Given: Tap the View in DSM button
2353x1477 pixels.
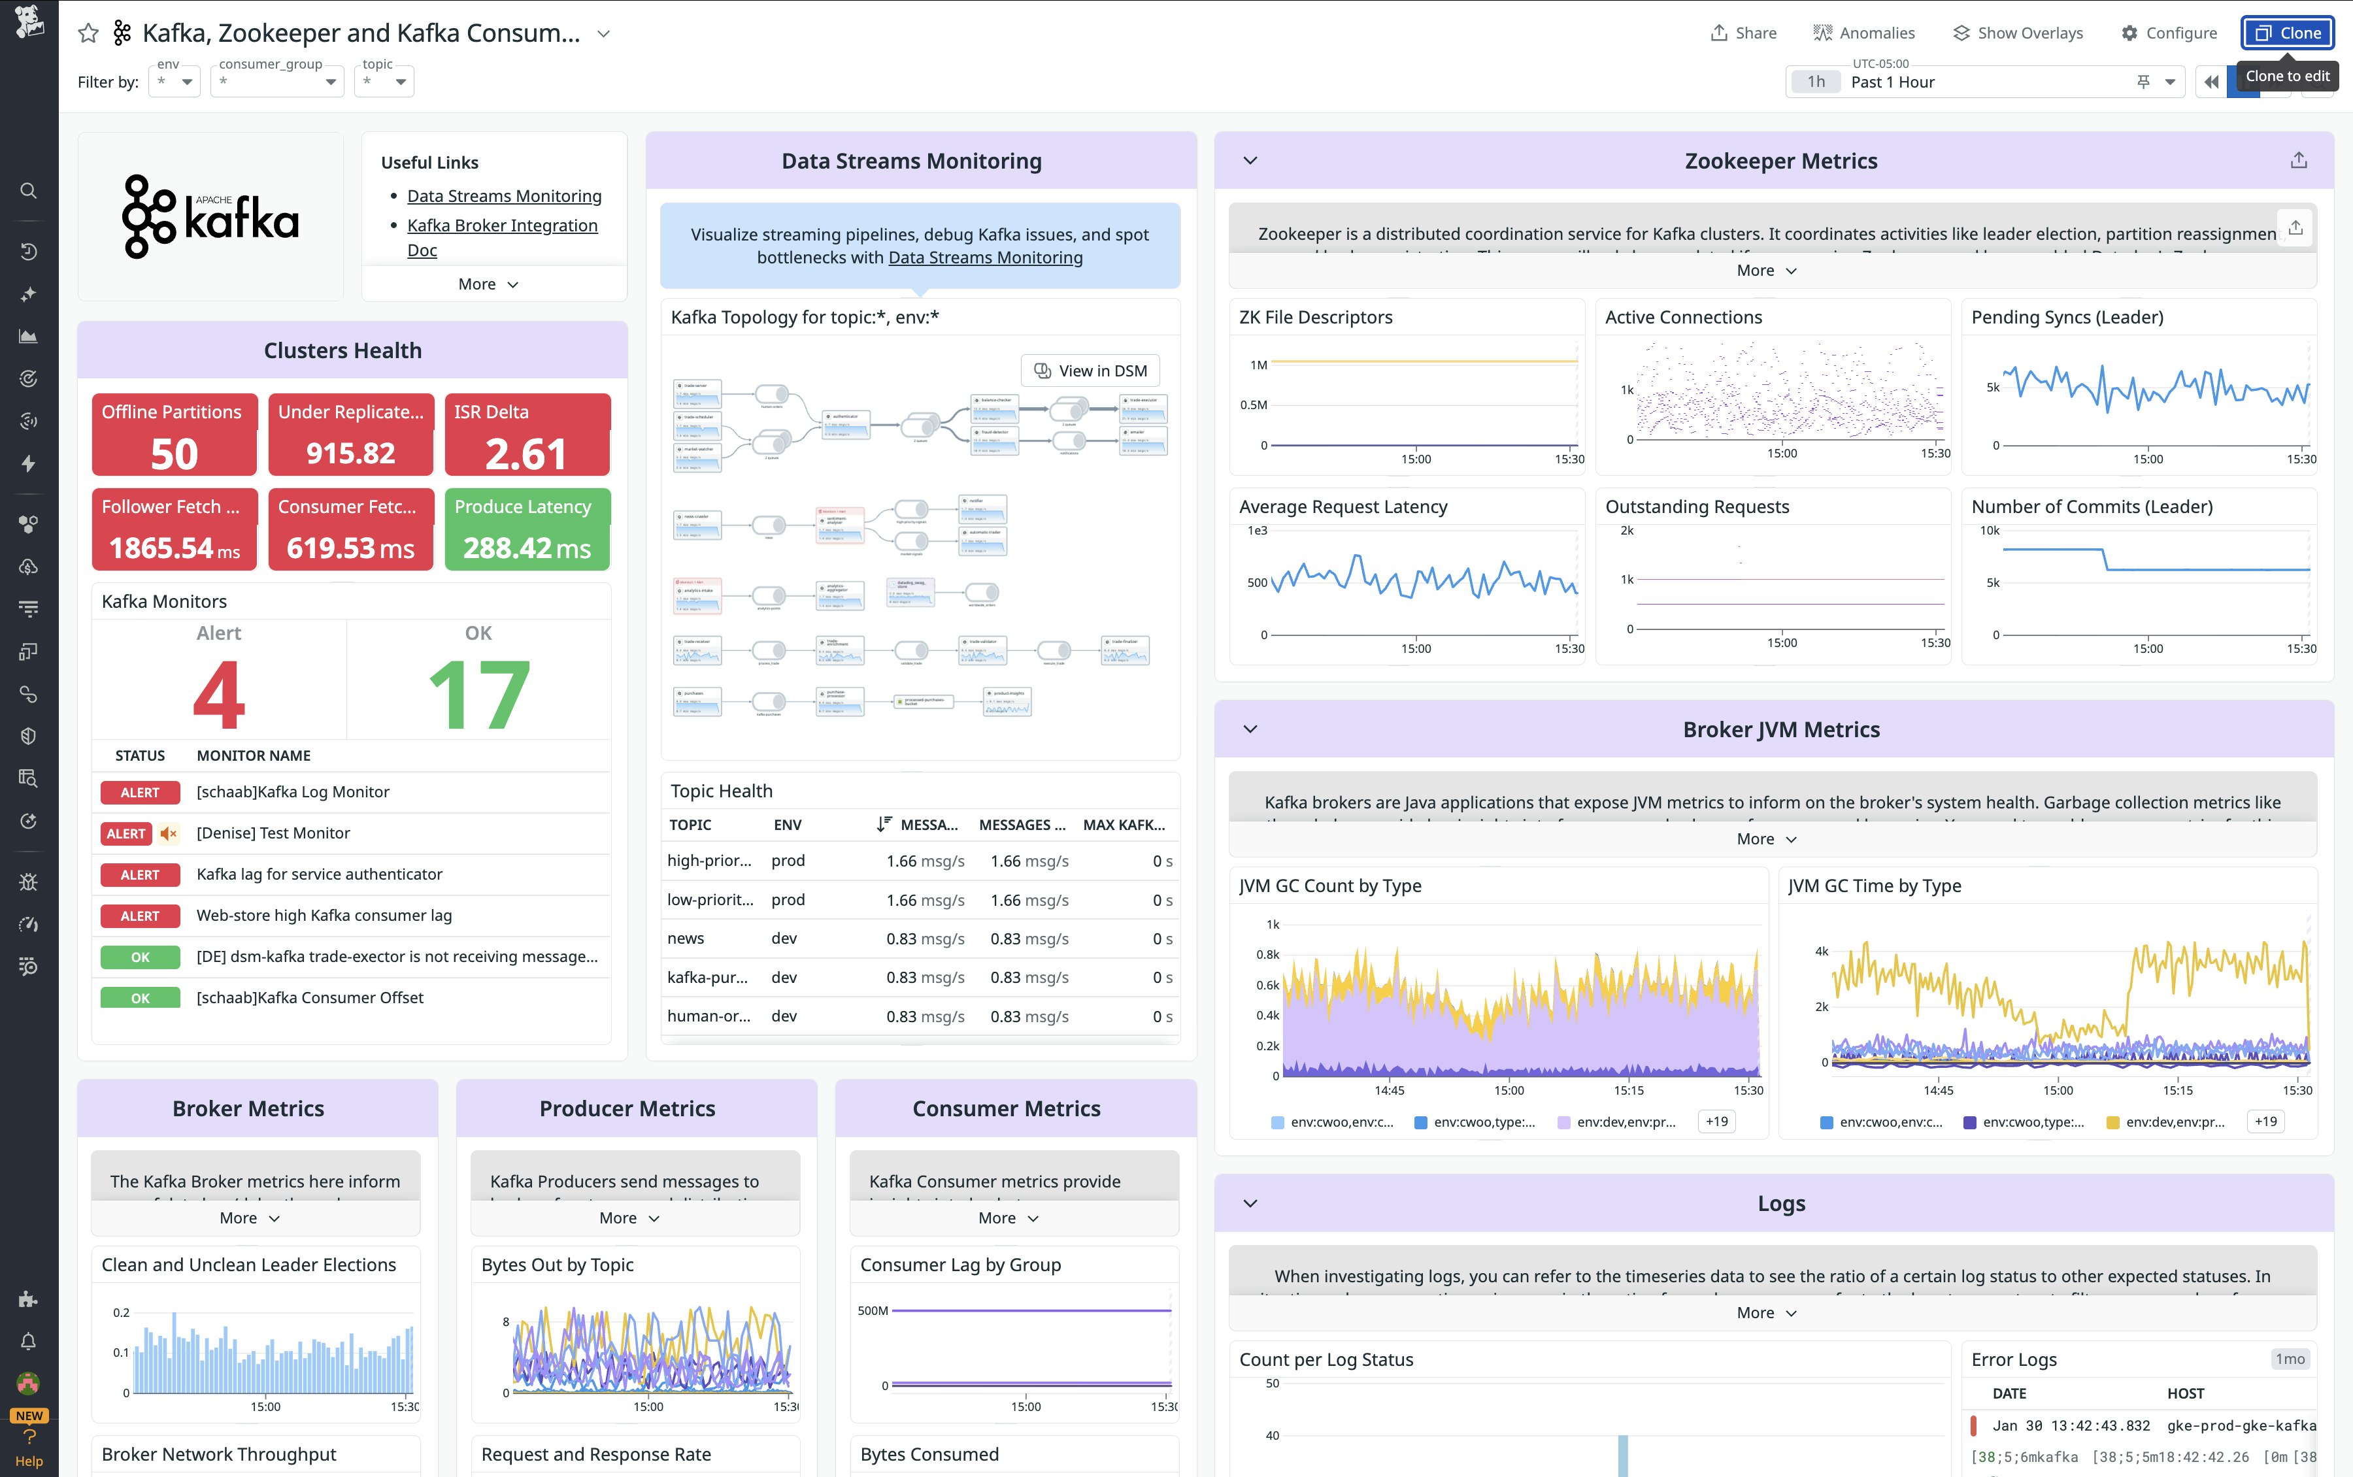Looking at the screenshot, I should [1090, 371].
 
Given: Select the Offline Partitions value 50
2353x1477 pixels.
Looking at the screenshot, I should [174, 454].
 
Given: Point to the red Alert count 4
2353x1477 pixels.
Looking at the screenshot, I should [219, 695].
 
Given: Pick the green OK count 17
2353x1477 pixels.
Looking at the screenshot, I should [478, 695].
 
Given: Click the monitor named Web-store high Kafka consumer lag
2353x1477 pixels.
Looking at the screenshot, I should [324, 916].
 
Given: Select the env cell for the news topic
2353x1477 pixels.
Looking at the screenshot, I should [784, 938].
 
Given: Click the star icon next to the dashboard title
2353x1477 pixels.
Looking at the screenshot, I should [88, 33].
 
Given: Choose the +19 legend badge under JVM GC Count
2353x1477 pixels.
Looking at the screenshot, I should [1716, 1121].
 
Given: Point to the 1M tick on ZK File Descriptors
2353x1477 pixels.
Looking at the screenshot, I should [1258, 365].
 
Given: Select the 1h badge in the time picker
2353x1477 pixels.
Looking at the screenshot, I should [1815, 82].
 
